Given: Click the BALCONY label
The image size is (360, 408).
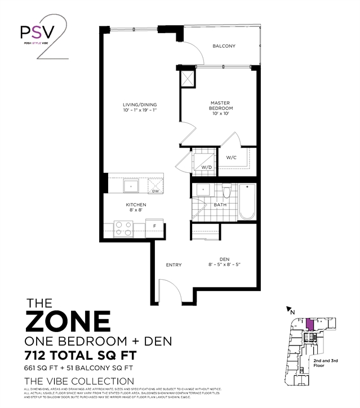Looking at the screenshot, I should [x=224, y=46].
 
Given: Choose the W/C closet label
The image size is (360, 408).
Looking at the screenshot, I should [x=231, y=158].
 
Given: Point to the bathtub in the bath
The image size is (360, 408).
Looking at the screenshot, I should [x=247, y=203].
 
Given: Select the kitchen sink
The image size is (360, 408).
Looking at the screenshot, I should [x=131, y=185].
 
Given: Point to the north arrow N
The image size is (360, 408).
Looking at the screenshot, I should [x=292, y=309].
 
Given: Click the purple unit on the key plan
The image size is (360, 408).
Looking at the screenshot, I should [x=309, y=325].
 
